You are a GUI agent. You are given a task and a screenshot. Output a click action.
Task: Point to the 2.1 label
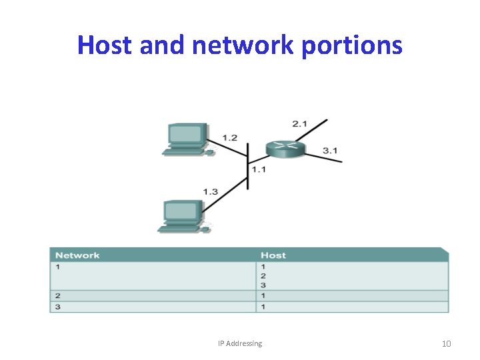coord(299,123)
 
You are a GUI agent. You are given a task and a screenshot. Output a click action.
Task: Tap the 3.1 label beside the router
coord(330,151)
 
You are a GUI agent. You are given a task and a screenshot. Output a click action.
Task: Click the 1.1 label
coord(258,169)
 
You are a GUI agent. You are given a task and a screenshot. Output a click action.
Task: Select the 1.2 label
coord(229,137)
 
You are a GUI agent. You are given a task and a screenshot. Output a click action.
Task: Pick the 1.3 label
coord(210,192)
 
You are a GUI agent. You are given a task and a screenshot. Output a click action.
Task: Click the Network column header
coord(77,255)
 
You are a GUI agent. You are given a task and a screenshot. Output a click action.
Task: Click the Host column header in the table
coord(273,255)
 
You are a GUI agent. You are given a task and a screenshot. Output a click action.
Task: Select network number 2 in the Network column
coord(58,295)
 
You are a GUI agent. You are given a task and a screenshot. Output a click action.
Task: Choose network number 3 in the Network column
coord(58,307)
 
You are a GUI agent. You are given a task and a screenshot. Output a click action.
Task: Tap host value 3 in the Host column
coord(263,285)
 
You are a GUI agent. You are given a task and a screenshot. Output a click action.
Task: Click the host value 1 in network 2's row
coord(263,295)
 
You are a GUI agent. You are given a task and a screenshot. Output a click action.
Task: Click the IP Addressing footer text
coord(240,343)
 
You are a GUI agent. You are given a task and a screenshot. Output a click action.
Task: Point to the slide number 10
coord(446,343)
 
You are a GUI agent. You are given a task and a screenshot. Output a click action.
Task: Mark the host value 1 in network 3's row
coord(263,307)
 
